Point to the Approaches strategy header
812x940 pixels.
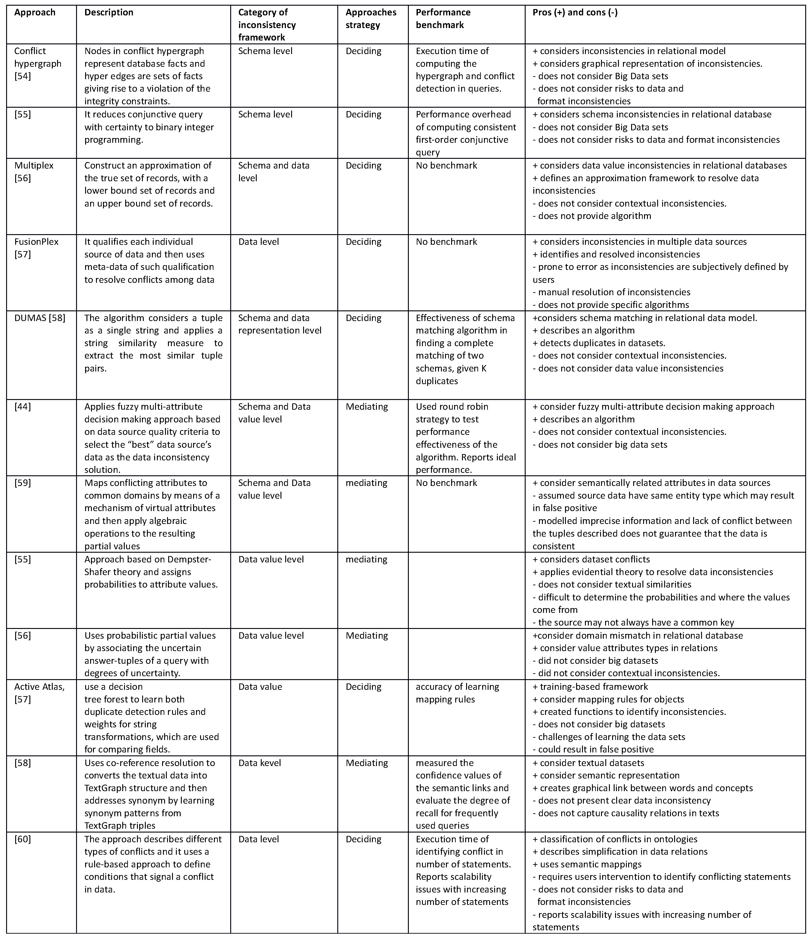[371, 19]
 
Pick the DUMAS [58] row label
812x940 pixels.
[39, 318]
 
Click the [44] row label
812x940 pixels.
[23, 407]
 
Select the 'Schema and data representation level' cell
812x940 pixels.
[280, 324]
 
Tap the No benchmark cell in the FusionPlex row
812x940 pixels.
[446, 241]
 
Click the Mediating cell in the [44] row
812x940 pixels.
[367, 407]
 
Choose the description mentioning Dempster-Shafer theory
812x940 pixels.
[151, 572]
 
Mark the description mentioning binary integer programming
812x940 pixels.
[149, 127]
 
